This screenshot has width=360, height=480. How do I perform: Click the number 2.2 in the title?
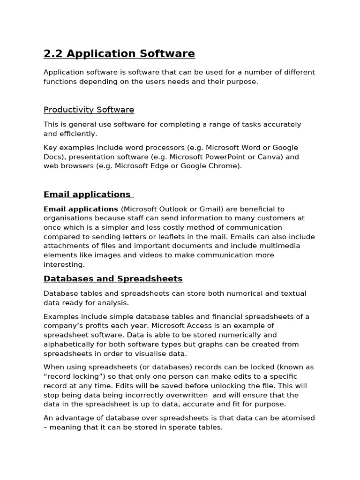coord(53,54)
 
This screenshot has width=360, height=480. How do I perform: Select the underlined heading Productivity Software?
coord(89,110)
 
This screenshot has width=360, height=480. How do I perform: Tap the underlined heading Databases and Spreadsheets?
coord(113,279)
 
